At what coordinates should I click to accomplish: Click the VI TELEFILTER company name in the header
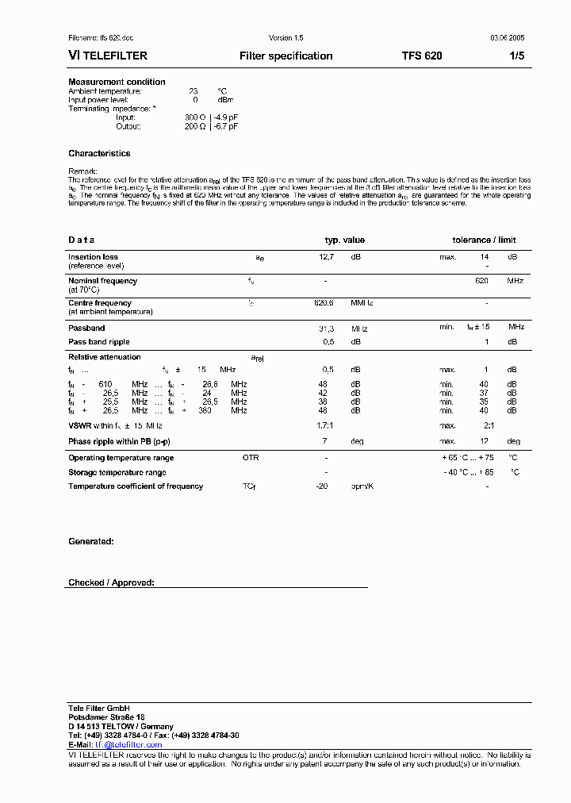[x=108, y=56]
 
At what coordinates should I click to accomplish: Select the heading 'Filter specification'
[x=285, y=56]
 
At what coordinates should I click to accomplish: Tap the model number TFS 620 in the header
[x=422, y=56]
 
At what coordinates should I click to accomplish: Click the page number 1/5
[x=515, y=56]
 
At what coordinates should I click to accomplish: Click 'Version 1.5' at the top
[x=285, y=38]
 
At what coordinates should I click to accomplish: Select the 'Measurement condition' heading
[x=117, y=82]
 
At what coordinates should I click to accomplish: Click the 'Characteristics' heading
[x=99, y=153]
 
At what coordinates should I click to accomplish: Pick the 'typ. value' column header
[x=345, y=240]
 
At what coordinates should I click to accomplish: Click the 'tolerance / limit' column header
[x=484, y=240]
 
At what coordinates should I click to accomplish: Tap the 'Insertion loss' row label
[x=93, y=257]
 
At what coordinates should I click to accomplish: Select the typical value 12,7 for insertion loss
[x=326, y=257]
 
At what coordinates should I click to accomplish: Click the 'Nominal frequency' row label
[x=102, y=281]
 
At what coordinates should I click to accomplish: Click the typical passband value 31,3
[x=326, y=327]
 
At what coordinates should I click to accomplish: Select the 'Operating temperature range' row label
[x=121, y=458]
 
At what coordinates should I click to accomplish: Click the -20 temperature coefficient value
[x=321, y=486]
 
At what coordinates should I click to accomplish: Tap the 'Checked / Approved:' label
[x=111, y=582]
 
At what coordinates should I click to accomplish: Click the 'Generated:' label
[x=90, y=541]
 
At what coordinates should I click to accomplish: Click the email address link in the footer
[x=128, y=745]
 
